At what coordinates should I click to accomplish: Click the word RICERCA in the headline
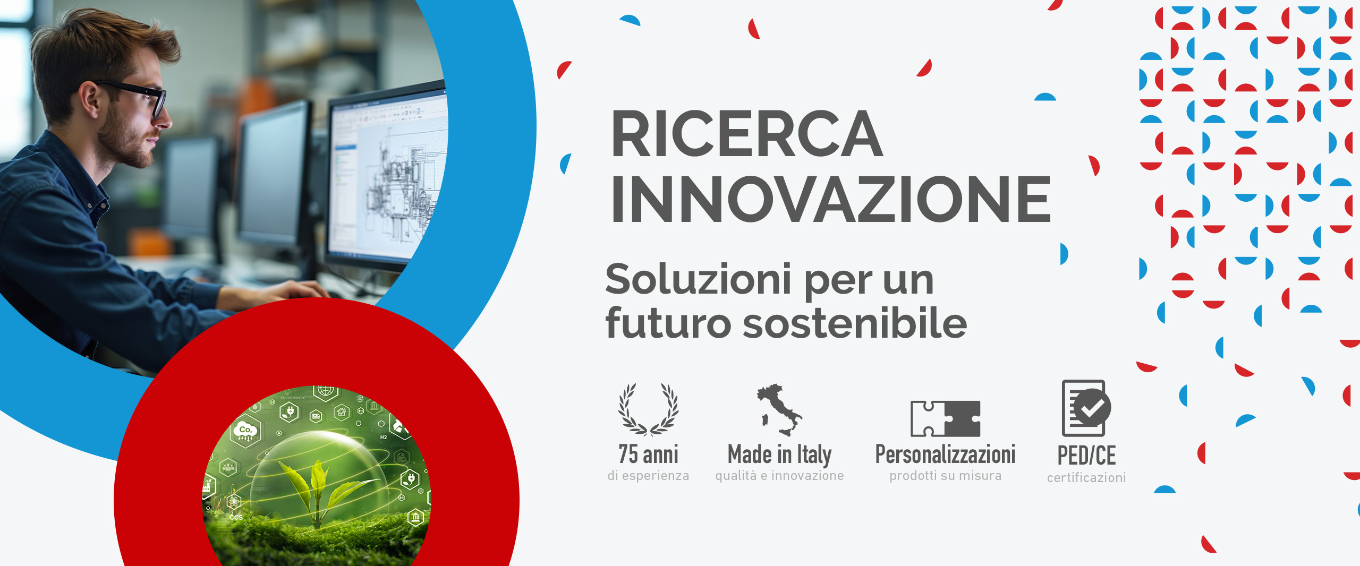pyautogui.click(x=747, y=134)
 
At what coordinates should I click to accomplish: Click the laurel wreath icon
pyautogui.click(x=649, y=409)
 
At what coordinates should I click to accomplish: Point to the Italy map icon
pyautogui.click(x=780, y=409)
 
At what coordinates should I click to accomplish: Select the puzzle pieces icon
pyautogui.click(x=946, y=418)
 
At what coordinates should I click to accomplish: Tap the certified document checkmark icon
pyautogui.click(x=1086, y=408)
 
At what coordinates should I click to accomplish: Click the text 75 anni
pyautogui.click(x=649, y=454)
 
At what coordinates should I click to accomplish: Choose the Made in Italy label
pyautogui.click(x=780, y=455)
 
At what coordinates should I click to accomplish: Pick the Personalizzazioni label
pyautogui.click(x=946, y=454)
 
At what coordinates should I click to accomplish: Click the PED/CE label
pyautogui.click(x=1086, y=456)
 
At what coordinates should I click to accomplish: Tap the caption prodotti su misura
pyautogui.click(x=946, y=476)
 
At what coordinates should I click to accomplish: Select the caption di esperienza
pyautogui.click(x=649, y=476)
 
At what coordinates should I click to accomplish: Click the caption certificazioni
pyautogui.click(x=1086, y=478)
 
